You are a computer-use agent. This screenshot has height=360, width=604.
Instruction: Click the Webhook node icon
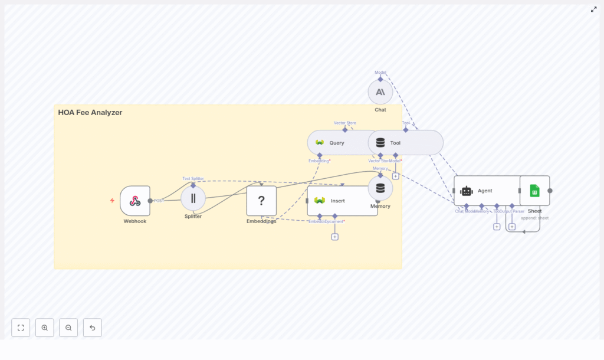[x=135, y=201]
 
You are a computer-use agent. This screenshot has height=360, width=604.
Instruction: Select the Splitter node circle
[x=193, y=198]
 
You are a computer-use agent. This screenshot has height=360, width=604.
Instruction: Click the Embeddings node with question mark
[x=261, y=201]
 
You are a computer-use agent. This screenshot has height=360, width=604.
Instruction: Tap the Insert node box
[x=342, y=201]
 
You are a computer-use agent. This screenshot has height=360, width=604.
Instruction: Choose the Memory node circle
[x=380, y=188]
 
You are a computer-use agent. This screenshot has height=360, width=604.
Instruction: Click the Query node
[x=336, y=143]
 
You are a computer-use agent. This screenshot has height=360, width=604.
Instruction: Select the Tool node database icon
[x=380, y=143]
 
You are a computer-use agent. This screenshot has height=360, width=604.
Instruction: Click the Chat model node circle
[x=380, y=92]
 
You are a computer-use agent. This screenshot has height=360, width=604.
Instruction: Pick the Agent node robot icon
[x=467, y=191]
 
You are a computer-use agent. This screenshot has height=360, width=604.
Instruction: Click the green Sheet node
[x=534, y=191]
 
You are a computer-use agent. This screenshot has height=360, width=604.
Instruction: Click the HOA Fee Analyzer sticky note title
[x=90, y=113]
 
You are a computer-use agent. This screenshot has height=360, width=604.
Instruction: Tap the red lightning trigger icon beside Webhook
[x=112, y=201]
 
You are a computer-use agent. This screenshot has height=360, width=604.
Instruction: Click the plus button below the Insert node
[x=335, y=237]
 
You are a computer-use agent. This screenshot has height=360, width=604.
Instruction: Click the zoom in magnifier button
[x=45, y=328]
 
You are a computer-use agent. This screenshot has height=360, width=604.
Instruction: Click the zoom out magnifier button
[x=68, y=328]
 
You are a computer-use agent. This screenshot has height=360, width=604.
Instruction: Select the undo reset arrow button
[x=93, y=328]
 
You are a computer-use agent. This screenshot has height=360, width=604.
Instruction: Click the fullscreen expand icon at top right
[x=593, y=9]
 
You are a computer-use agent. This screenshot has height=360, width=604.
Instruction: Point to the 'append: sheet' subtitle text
[x=534, y=218]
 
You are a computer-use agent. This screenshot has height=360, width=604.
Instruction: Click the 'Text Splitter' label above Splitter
[x=193, y=178]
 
